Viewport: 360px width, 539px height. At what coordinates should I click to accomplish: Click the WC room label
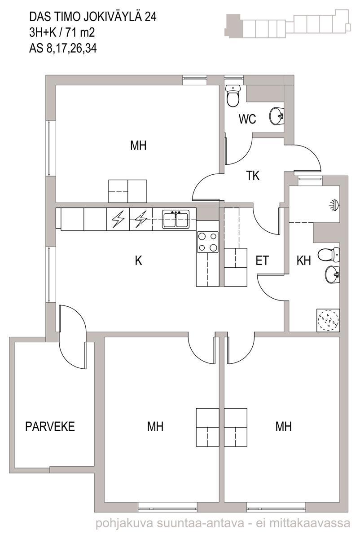coord(247,119)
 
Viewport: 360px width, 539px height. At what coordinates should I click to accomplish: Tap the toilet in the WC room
coord(233,96)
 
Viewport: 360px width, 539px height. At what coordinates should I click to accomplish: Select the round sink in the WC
coord(277,116)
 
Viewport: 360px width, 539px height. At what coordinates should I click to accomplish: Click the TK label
coord(253,176)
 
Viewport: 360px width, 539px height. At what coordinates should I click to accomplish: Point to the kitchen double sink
coord(176,219)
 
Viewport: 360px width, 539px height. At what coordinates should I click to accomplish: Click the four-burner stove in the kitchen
coord(207,242)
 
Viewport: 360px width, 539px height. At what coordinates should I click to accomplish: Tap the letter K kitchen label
coord(138,261)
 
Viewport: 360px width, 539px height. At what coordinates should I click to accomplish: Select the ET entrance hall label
coord(262,261)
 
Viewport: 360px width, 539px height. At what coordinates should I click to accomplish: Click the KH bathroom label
coord(303,261)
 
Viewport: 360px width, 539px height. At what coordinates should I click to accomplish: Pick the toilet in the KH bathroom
coord(329,255)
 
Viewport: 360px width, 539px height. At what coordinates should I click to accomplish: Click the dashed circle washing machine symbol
coord(328,321)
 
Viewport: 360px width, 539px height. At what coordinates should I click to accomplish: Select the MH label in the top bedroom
coord(138,146)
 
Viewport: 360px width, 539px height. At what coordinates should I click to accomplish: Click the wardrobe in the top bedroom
coord(127,191)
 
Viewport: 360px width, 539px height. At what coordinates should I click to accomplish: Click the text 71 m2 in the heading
coord(79,32)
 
